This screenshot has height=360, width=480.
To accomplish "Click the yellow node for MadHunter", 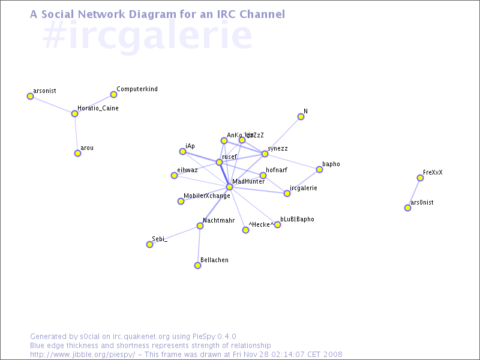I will (x=229, y=187).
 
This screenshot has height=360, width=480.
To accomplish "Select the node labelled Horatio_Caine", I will (x=74, y=113).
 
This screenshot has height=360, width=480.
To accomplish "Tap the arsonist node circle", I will (x=30, y=96).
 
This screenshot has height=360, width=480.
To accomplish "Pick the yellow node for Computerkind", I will (x=113, y=94).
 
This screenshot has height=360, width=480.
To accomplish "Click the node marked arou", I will (x=77, y=153).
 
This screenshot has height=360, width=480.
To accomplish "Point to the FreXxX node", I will (x=420, y=178).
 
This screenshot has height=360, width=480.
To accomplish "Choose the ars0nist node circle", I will (x=407, y=208).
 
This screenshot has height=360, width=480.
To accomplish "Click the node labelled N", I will (x=301, y=116).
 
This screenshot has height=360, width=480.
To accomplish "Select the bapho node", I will (x=319, y=169).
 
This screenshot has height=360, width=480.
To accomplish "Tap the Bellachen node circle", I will (x=197, y=265).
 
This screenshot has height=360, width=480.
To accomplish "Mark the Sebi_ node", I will (x=149, y=244).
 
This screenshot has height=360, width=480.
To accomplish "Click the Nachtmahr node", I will (x=200, y=226).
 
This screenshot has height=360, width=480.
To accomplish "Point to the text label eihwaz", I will (x=187, y=170).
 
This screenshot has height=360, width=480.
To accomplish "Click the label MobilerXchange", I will (x=206, y=196).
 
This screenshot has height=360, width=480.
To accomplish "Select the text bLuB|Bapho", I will (x=297, y=220).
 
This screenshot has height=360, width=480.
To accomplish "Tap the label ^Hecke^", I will (x=261, y=224).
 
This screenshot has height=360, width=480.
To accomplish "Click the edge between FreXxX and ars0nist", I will (x=414, y=193).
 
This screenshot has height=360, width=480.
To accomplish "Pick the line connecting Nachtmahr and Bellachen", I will (x=199, y=246).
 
